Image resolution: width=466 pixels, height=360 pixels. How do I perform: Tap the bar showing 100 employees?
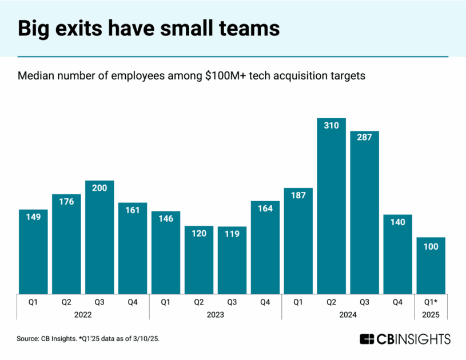click(x=431, y=266)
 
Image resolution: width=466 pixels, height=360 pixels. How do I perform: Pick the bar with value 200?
click(x=99, y=238)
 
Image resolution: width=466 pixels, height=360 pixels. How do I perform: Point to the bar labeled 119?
click(x=232, y=261)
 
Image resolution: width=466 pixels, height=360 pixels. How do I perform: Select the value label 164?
click(x=265, y=209)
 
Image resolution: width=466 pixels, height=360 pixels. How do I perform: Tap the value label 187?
click(x=298, y=196)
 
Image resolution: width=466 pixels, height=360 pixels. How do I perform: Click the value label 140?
click(x=398, y=222)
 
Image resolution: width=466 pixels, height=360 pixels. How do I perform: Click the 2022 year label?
click(x=83, y=314)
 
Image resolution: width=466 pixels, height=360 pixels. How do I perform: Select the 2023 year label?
click(x=216, y=314)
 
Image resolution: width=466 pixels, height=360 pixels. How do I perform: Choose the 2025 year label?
click(x=431, y=314)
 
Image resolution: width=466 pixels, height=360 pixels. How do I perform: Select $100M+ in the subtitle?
click(x=224, y=75)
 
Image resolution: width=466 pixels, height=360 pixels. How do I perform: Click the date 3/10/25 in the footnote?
click(x=146, y=339)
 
